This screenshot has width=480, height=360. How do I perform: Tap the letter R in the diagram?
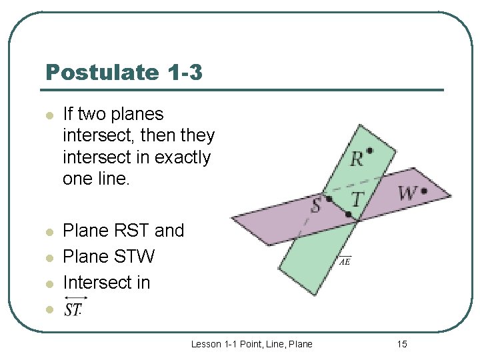[x=357, y=159]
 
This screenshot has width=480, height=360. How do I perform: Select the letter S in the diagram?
[x=316, y=204]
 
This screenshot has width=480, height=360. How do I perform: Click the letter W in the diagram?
[x=407, y=193]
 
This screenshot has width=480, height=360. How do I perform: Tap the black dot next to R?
[x=369, y=151]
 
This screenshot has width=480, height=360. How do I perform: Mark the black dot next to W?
[x=424, y=191]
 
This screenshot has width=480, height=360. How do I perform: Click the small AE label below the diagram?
[x=345, y=261]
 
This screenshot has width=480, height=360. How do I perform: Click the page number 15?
[x=401, y=344]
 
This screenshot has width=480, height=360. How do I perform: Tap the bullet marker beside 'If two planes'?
[x=48, y=115]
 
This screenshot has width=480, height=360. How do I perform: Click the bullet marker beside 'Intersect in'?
[x=48, y=283]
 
